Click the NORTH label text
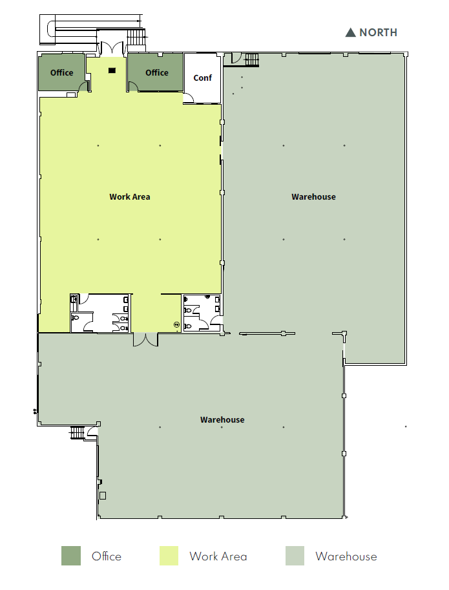378,32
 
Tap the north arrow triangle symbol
351,32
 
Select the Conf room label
203,78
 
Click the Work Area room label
130,196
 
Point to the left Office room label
62,73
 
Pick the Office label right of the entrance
156,73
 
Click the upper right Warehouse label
313,196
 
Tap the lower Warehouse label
222,420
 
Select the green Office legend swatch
71,556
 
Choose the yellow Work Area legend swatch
169,556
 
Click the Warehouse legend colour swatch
295,556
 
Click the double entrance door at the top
112,48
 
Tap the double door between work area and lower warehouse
145,339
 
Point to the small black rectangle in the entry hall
112,70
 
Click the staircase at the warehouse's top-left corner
251,60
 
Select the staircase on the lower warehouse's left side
78,432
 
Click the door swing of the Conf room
189,99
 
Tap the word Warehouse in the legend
346,556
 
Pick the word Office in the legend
107,556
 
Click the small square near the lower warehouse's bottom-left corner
102,496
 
